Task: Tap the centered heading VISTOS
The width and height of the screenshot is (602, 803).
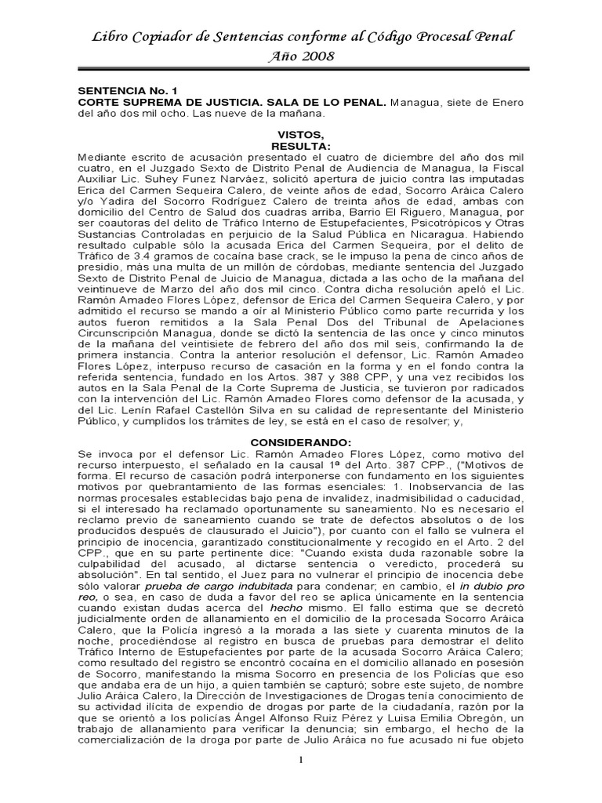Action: [x=300, y=135]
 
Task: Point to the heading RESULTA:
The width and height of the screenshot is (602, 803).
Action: [x=301, y=146]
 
